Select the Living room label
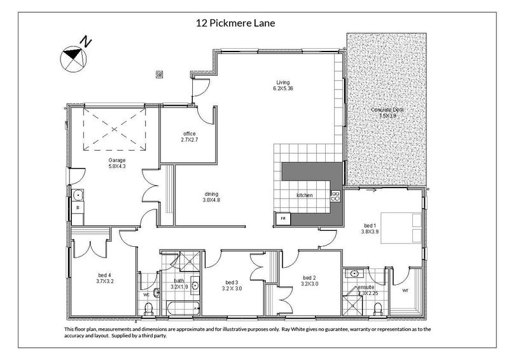coord(283,85)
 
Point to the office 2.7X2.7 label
coord(189,136)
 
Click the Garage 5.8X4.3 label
coord(116,163)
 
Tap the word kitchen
coord(305,195)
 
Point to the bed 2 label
coord(310,281)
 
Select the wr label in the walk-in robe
coord(405,291)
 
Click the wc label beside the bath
coord(146,294)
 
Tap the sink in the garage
coord(78,195)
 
